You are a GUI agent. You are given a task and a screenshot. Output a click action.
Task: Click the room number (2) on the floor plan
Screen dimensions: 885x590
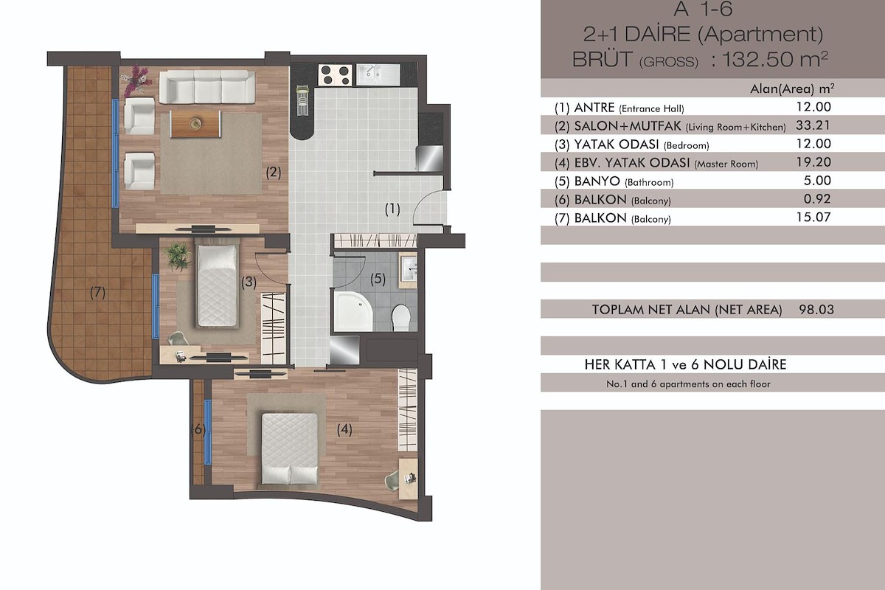pos(274,173)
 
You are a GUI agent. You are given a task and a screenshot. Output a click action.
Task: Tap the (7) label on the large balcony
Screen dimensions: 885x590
pos(97,293)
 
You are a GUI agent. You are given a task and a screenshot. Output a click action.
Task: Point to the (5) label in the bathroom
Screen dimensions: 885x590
pos(378,279)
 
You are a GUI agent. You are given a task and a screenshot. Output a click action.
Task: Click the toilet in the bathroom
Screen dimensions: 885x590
pos(401,317)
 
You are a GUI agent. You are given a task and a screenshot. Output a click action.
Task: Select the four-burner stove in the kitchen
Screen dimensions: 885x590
pos(336,75)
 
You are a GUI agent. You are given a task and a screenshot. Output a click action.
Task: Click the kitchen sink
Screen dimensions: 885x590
pos(378,74)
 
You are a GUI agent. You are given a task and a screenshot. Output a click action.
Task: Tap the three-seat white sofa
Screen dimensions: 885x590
pos(207,87)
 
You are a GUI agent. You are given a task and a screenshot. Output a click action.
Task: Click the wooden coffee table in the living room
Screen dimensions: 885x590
pos(195,124)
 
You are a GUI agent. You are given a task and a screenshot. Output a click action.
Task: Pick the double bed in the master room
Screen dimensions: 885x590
pos(290,448)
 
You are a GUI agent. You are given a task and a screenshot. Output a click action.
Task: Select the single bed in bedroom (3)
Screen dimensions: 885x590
pos(218,285)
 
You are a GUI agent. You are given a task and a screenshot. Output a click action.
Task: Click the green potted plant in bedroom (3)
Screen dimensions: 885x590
pos(176,257)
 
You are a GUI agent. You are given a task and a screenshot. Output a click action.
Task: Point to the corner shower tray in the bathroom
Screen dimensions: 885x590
pos(353,311)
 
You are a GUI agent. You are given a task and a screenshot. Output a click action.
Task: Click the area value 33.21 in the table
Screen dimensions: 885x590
pos(813,125)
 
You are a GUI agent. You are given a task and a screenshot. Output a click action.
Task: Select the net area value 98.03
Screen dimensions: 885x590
pos(816,310)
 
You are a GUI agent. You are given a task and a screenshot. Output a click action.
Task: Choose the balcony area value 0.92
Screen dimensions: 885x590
pos(817,199)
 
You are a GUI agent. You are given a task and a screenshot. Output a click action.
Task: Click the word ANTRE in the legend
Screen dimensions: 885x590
pos(594,108)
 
